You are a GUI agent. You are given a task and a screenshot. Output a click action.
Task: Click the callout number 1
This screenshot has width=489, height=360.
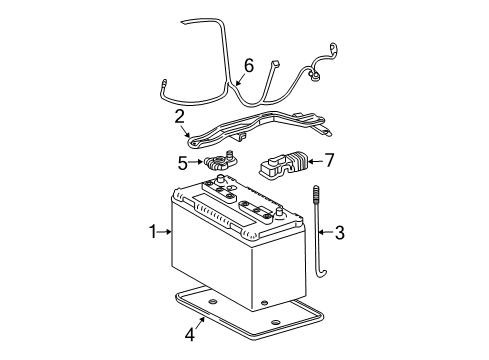(154, 233)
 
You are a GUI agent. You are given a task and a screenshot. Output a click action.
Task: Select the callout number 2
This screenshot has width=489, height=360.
(180, 116)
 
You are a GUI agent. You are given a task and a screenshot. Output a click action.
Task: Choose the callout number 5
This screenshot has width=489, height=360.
(182, 162)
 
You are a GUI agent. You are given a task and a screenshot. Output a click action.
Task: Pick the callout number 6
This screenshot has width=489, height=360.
(248, 66)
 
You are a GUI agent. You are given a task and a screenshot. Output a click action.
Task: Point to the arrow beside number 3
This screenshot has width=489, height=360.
(324, 234)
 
